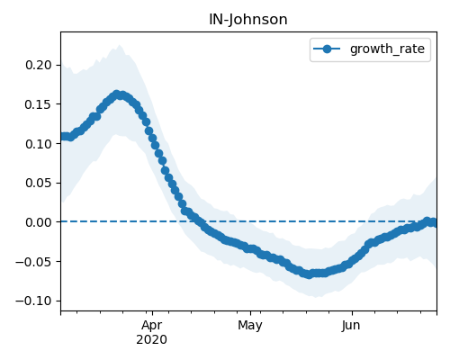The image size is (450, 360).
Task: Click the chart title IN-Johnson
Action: (x=248, y=20)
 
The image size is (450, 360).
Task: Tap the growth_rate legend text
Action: (x=387, y=49)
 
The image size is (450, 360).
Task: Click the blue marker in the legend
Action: (x=327, y=49)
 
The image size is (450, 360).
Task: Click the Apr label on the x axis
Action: (x=152, y=326)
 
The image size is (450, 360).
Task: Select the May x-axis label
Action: (x=250, y=326)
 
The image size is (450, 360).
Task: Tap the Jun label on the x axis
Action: (x=351, y=326)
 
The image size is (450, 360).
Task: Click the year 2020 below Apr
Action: (x=152, y=340)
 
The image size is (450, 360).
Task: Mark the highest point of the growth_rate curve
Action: (x=117, y=94)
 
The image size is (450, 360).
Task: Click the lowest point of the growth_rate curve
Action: (x=309, y=274)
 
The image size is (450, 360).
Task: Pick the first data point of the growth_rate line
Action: (x=62, y=137)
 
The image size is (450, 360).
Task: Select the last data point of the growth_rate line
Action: (x=434, y=222)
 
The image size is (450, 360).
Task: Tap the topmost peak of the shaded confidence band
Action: (x=120, y=45)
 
